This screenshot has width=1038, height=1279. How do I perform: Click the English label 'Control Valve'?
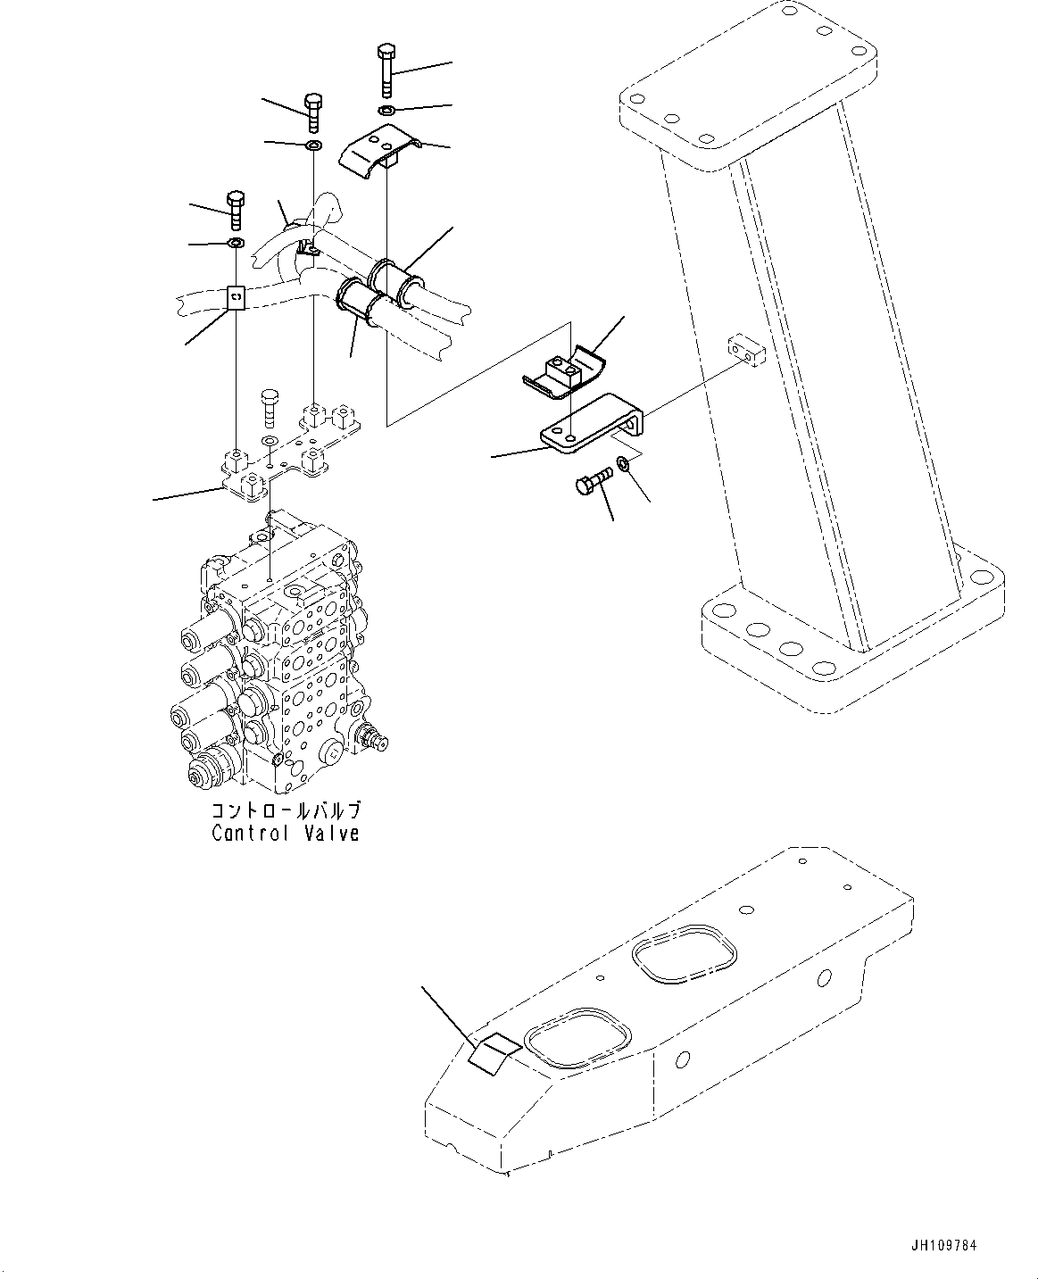[x=286, y=834]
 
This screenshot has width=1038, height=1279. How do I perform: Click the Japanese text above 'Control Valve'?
[x=286, y=810]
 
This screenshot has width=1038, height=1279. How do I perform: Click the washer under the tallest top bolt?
[x=386, y=111]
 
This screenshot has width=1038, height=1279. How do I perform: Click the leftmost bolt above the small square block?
[x=236, y=209]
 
